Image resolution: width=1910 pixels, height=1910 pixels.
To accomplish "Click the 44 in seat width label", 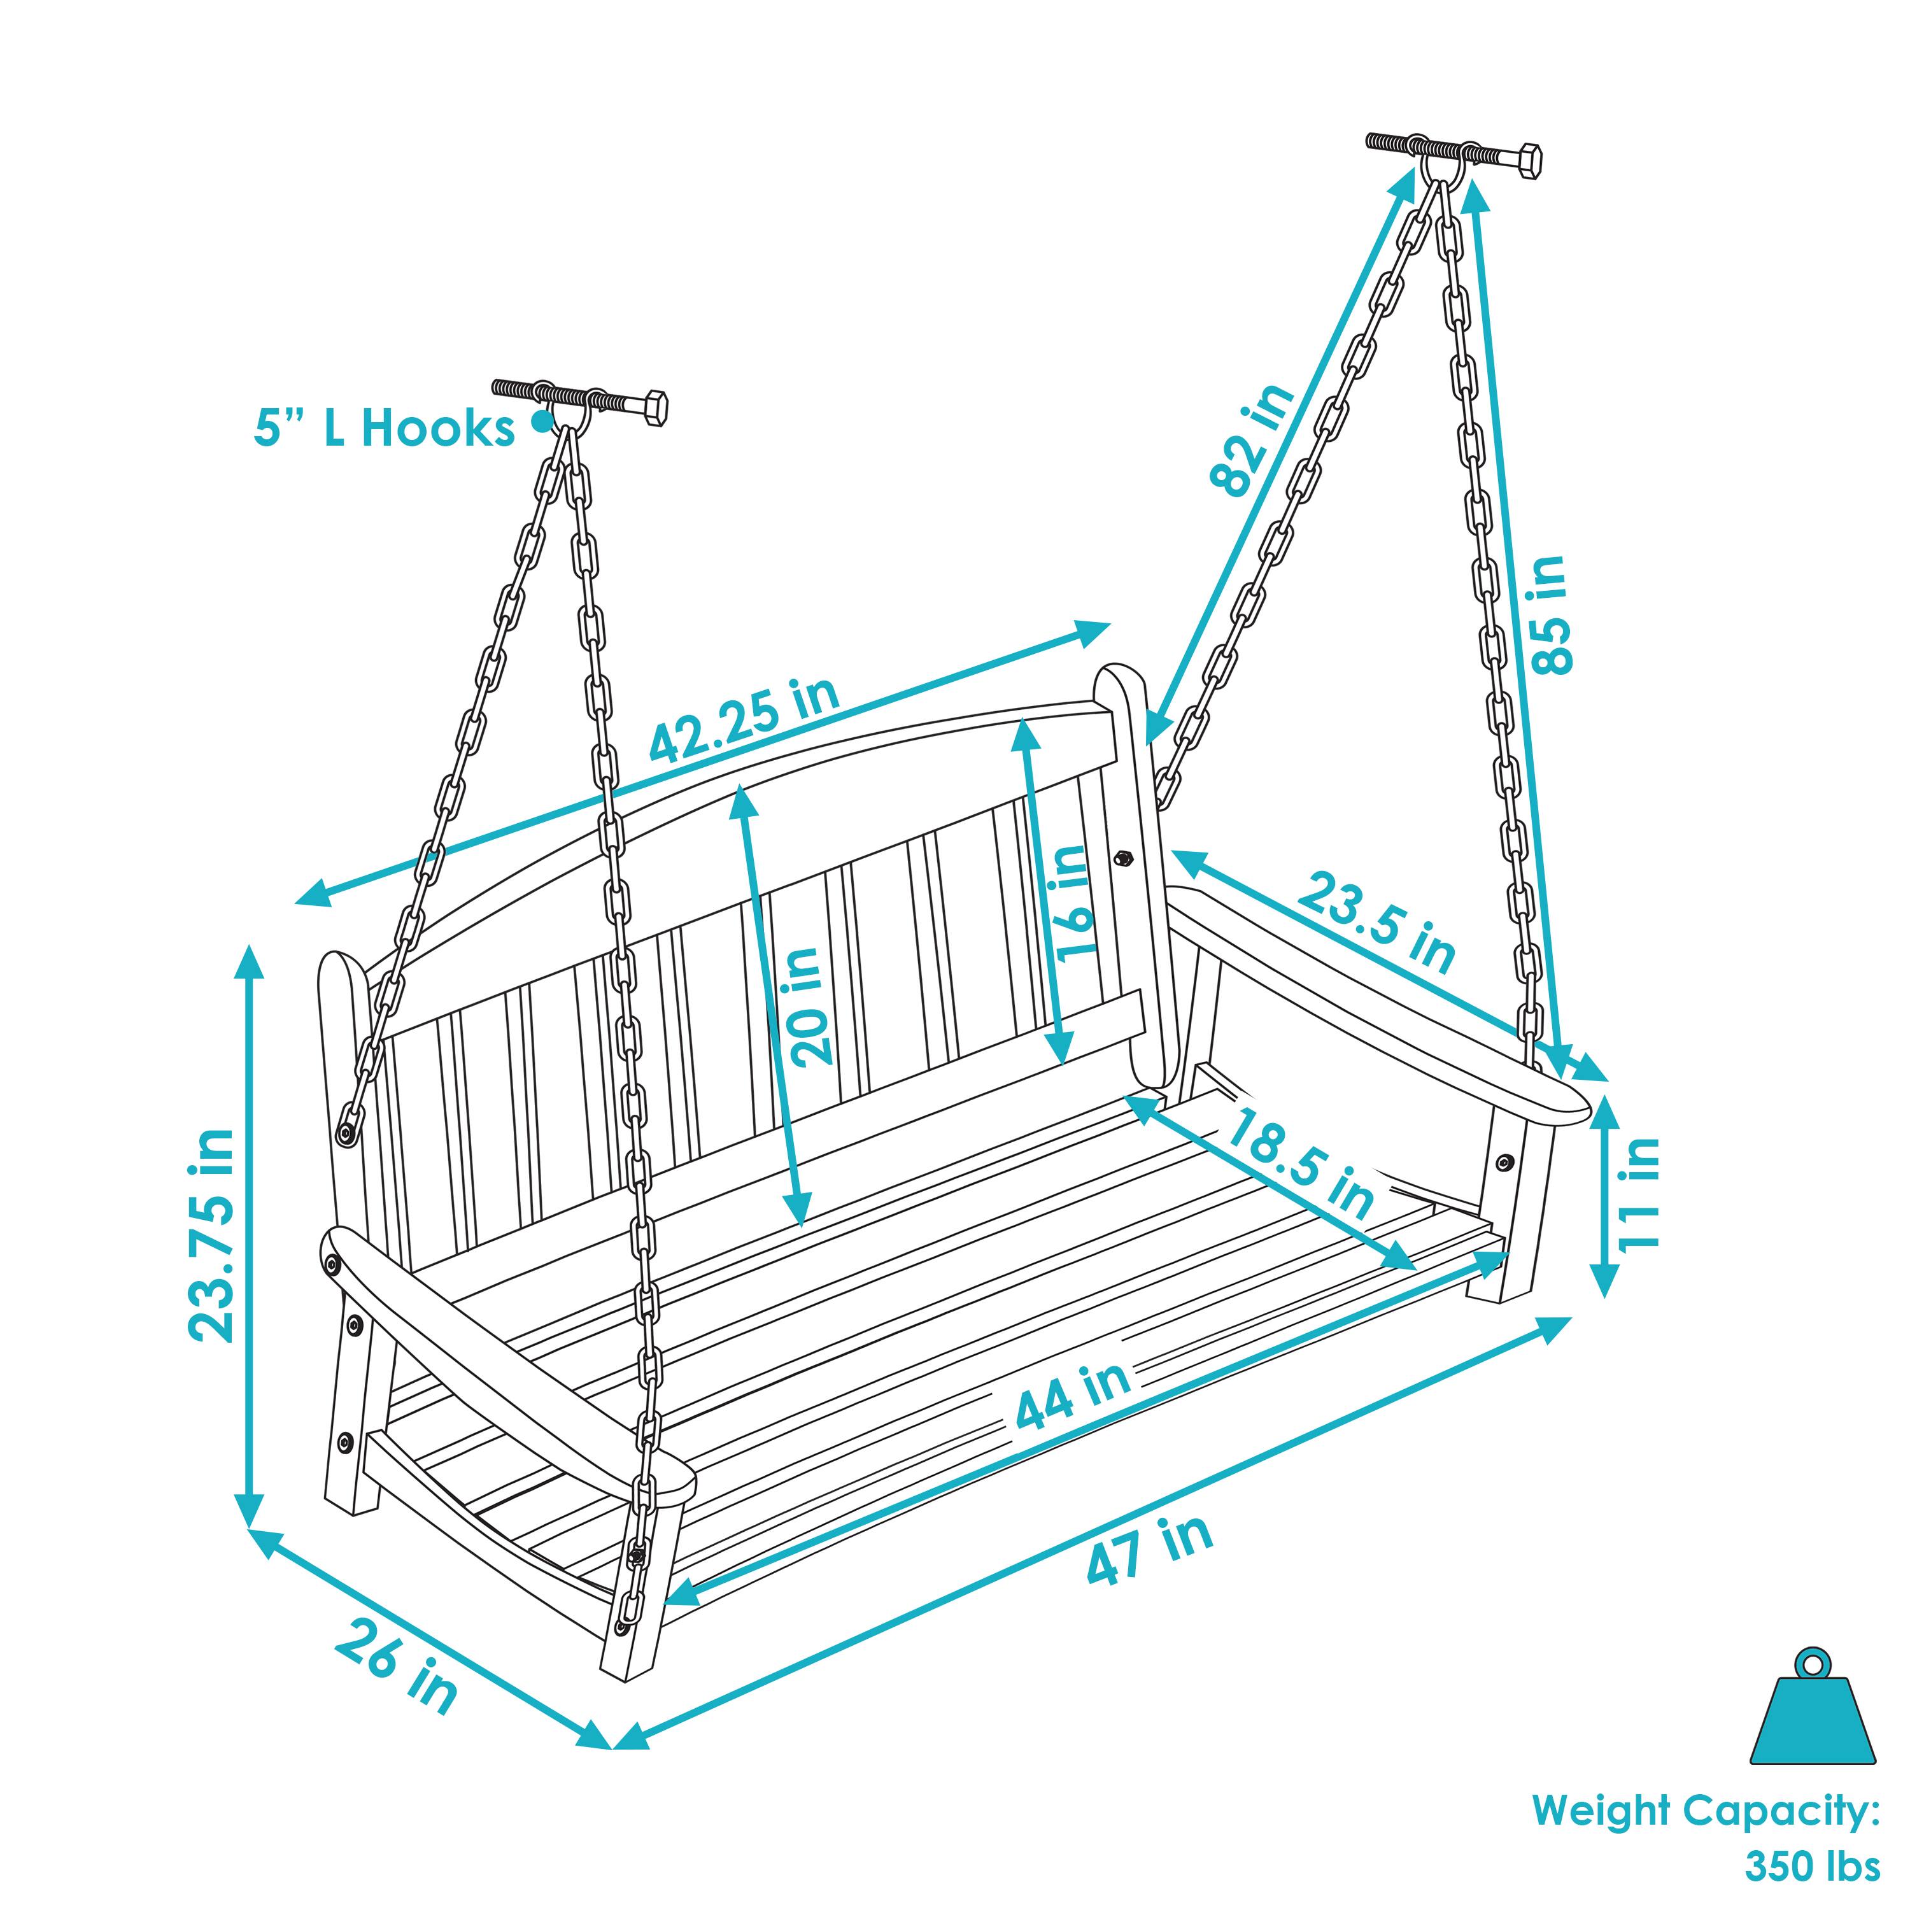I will click(1073, 1397).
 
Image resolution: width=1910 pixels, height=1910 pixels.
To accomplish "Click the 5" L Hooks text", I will click(385, 429).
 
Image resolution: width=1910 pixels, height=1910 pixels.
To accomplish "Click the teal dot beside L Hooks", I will click(541, 422).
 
